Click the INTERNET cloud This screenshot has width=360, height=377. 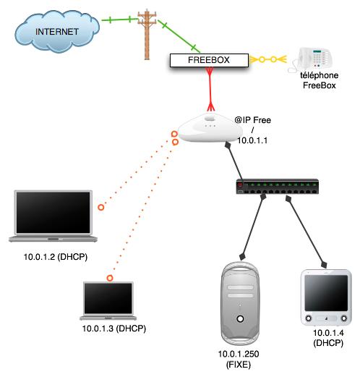[57, 31]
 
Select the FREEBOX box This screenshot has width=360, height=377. [209, 60]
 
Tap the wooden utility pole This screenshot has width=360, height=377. [147, 34]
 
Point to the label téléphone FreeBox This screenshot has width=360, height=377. [320, 80]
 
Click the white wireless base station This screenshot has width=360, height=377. [210, 128]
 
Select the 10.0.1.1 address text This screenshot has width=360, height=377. [252, 140]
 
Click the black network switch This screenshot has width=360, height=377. [278, 187]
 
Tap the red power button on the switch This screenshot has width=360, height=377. [240, 185]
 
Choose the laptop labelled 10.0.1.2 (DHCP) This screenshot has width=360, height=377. [53, 216]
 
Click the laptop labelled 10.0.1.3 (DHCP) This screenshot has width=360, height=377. [108, 300]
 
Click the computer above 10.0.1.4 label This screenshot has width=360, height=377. [326, 297]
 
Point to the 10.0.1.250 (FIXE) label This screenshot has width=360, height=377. [239, 359]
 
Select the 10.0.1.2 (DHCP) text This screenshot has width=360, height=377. [56, 257]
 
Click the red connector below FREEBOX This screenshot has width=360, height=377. [210, 89]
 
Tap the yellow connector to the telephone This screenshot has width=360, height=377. [268, 59]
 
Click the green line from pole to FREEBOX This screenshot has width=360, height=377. [179, 36]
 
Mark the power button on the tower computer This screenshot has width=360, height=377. [240, 319]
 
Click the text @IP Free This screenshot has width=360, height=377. [253, 120]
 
